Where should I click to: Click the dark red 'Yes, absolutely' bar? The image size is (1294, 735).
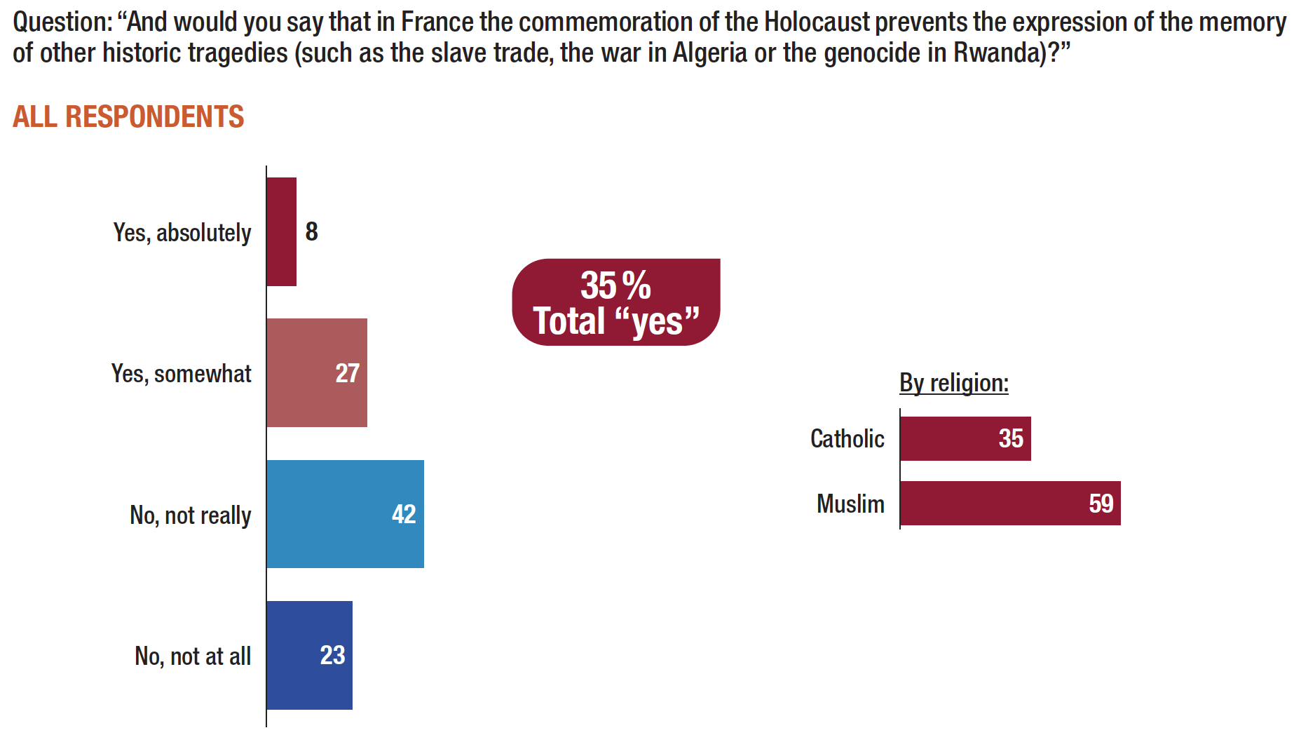[x=281, y=231]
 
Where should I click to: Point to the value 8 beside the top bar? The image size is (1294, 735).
[x=312, y=231]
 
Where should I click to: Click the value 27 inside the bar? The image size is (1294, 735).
[x=348, y=373]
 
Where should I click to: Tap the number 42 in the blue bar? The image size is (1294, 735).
[x=404, y=514]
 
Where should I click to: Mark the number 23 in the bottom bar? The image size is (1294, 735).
[x=333, y=655]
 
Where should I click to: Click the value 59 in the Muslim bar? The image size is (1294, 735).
[x=1101, y=504]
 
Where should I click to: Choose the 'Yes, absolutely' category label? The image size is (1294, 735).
[x=182, y=233]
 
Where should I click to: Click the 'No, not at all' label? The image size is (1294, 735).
[x=193, y=656]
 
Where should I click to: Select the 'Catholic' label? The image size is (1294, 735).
[x=847, y=439]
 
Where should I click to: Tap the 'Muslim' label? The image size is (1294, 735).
[x=850, y=504]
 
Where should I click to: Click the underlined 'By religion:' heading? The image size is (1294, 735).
[x=954, y=383]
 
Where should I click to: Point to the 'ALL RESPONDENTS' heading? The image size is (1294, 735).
[x=128, y=116]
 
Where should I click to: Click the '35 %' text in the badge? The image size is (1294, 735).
[x=615, y=285]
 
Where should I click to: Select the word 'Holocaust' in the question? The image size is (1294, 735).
[x=817, y=22]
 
